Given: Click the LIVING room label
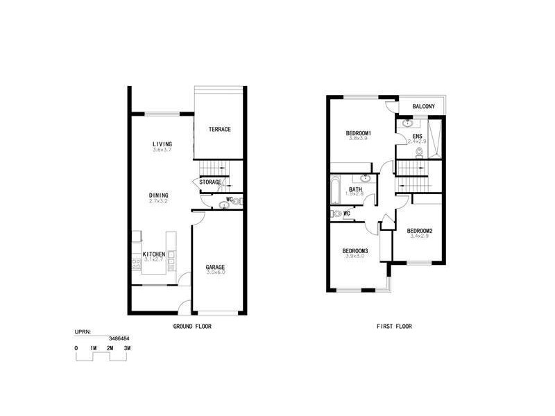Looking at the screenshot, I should pyautogui.click(x=162, y=144).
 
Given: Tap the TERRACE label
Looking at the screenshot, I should pyautogui.click(x=219, y=130).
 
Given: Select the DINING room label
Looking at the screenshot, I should pyautogui.click(x=158, y=196).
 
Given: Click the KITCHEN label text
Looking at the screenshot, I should pyautogui.click(x=153, y=254).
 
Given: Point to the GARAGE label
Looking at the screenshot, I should pyautogui.click(x=215, y=267).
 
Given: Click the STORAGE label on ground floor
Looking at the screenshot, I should pyautogui.click(x=210, y=182).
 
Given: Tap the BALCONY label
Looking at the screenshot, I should pyautogui.click(x=423, y=106).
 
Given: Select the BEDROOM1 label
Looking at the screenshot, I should pyautogui.click(x=359, y=133).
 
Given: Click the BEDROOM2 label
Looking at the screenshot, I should pyautogui.click(x=420, y=231).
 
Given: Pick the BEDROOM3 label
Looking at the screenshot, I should pyautogui.click(x=355, y=250).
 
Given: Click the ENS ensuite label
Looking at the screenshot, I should pyautogui.click(x=417, y=137).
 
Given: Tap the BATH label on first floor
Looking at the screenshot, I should pyautogui.click(x=355, y=189).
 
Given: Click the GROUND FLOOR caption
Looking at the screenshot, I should pyautogui.click(x=191, y=326).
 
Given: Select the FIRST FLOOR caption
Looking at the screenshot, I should pyautogui.click(x=394, y=326).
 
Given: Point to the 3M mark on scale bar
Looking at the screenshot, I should pyautogui.click(x=127, y=348).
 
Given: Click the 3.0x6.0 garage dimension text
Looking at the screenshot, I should pyautogui.click(x=215, y=273).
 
